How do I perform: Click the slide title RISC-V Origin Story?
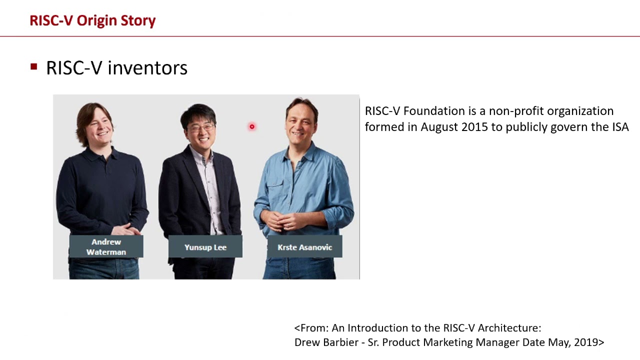(92, 20)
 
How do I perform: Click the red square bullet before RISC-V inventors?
(34, 66)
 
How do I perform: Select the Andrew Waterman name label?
(106, 247)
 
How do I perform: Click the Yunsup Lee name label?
(205, 247)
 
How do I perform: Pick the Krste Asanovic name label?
(304, 247)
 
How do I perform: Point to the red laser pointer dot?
(252, 127)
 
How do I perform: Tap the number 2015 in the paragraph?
(474, 127)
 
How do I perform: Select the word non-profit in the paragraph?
(516, 111)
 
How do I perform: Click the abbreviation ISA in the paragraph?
(620, 127)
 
